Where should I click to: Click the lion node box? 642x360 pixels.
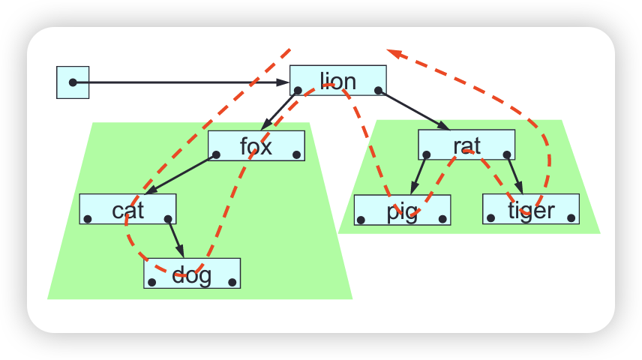(337, 80)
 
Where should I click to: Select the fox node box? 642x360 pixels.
(256, 145)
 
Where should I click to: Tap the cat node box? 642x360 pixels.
(127, 209)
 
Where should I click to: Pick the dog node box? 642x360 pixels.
(192, 274)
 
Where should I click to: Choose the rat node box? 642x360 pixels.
(466, 145)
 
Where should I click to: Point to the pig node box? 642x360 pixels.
(402, 210)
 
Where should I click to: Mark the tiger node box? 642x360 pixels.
(531, 209)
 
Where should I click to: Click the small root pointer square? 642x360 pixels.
(73, 82)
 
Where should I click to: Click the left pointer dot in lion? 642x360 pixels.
(298, 91)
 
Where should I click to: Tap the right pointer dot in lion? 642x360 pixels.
(378, 91)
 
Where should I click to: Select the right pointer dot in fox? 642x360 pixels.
(297, 155)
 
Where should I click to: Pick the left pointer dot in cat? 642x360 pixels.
(88, 219)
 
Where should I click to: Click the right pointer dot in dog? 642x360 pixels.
(233, 283)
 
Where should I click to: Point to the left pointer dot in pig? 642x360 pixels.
(361, 220)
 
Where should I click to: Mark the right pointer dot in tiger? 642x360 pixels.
(571, 219)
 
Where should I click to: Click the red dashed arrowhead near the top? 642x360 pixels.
(394, 53)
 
